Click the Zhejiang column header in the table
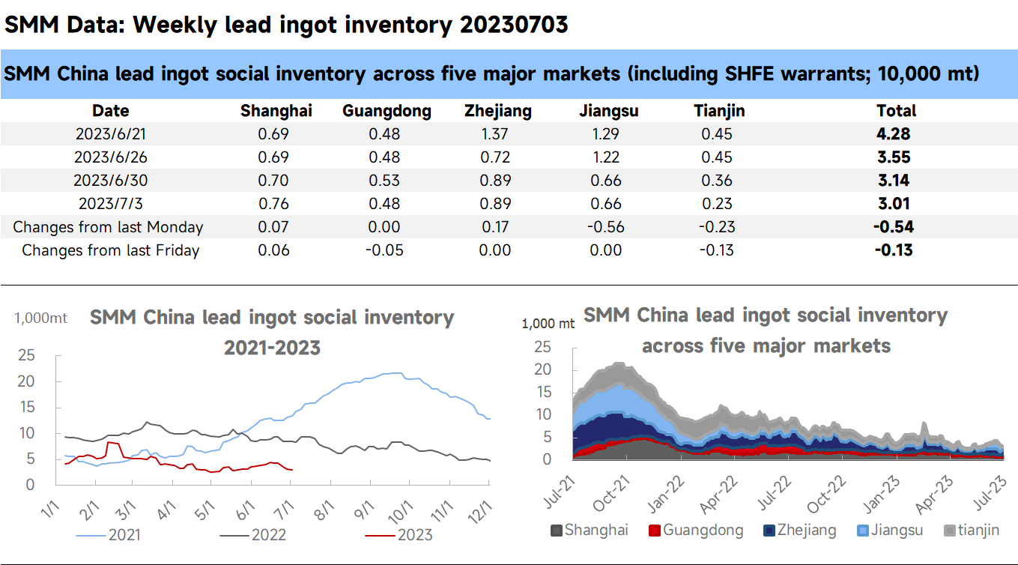point(497,111)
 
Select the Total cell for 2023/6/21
point(896,134)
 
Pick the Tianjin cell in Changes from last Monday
point(718,227)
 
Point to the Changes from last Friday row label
point(110,250)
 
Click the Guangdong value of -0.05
point(384,250)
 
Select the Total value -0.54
point(894,227)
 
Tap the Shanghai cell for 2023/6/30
point(273,181)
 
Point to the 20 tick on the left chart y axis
point(26,381)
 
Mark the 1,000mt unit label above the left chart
point(41,318)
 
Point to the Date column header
point(110,111)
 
